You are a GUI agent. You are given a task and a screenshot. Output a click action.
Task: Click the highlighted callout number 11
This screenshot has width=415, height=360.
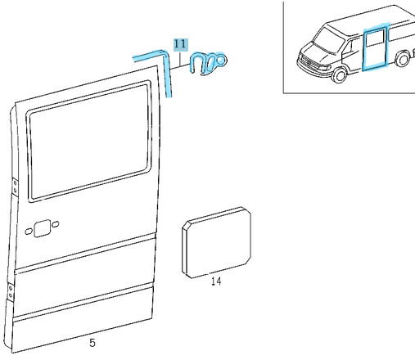[181, 44]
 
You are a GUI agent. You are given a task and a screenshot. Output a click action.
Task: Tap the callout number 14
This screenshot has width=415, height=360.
[216, 281]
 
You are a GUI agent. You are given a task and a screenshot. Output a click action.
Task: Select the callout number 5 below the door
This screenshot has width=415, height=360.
[92, 343]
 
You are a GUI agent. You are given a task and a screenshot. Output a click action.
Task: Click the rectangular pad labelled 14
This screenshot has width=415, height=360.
[217, 243]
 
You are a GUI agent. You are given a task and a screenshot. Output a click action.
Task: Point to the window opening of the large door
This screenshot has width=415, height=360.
[89, 142]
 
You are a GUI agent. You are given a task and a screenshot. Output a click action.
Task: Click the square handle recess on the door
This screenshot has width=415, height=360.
[43, 228]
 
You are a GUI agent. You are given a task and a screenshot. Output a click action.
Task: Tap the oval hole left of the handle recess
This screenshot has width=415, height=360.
[29, 232]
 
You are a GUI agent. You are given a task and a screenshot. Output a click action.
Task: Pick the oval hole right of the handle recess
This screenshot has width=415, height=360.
[55, 225]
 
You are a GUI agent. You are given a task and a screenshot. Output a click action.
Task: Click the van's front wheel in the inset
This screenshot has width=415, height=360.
[340, 75]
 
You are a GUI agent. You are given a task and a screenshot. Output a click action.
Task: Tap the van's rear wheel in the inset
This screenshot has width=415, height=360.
[403, 59]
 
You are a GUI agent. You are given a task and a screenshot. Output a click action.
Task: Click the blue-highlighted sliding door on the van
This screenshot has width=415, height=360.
[375, 47]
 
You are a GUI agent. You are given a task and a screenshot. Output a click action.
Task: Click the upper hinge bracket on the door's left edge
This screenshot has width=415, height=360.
[15, 187]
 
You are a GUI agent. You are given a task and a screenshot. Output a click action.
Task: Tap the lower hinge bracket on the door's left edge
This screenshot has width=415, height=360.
[11, 292]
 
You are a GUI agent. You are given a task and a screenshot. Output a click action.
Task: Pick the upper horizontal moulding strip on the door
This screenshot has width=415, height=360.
[85, 254]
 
